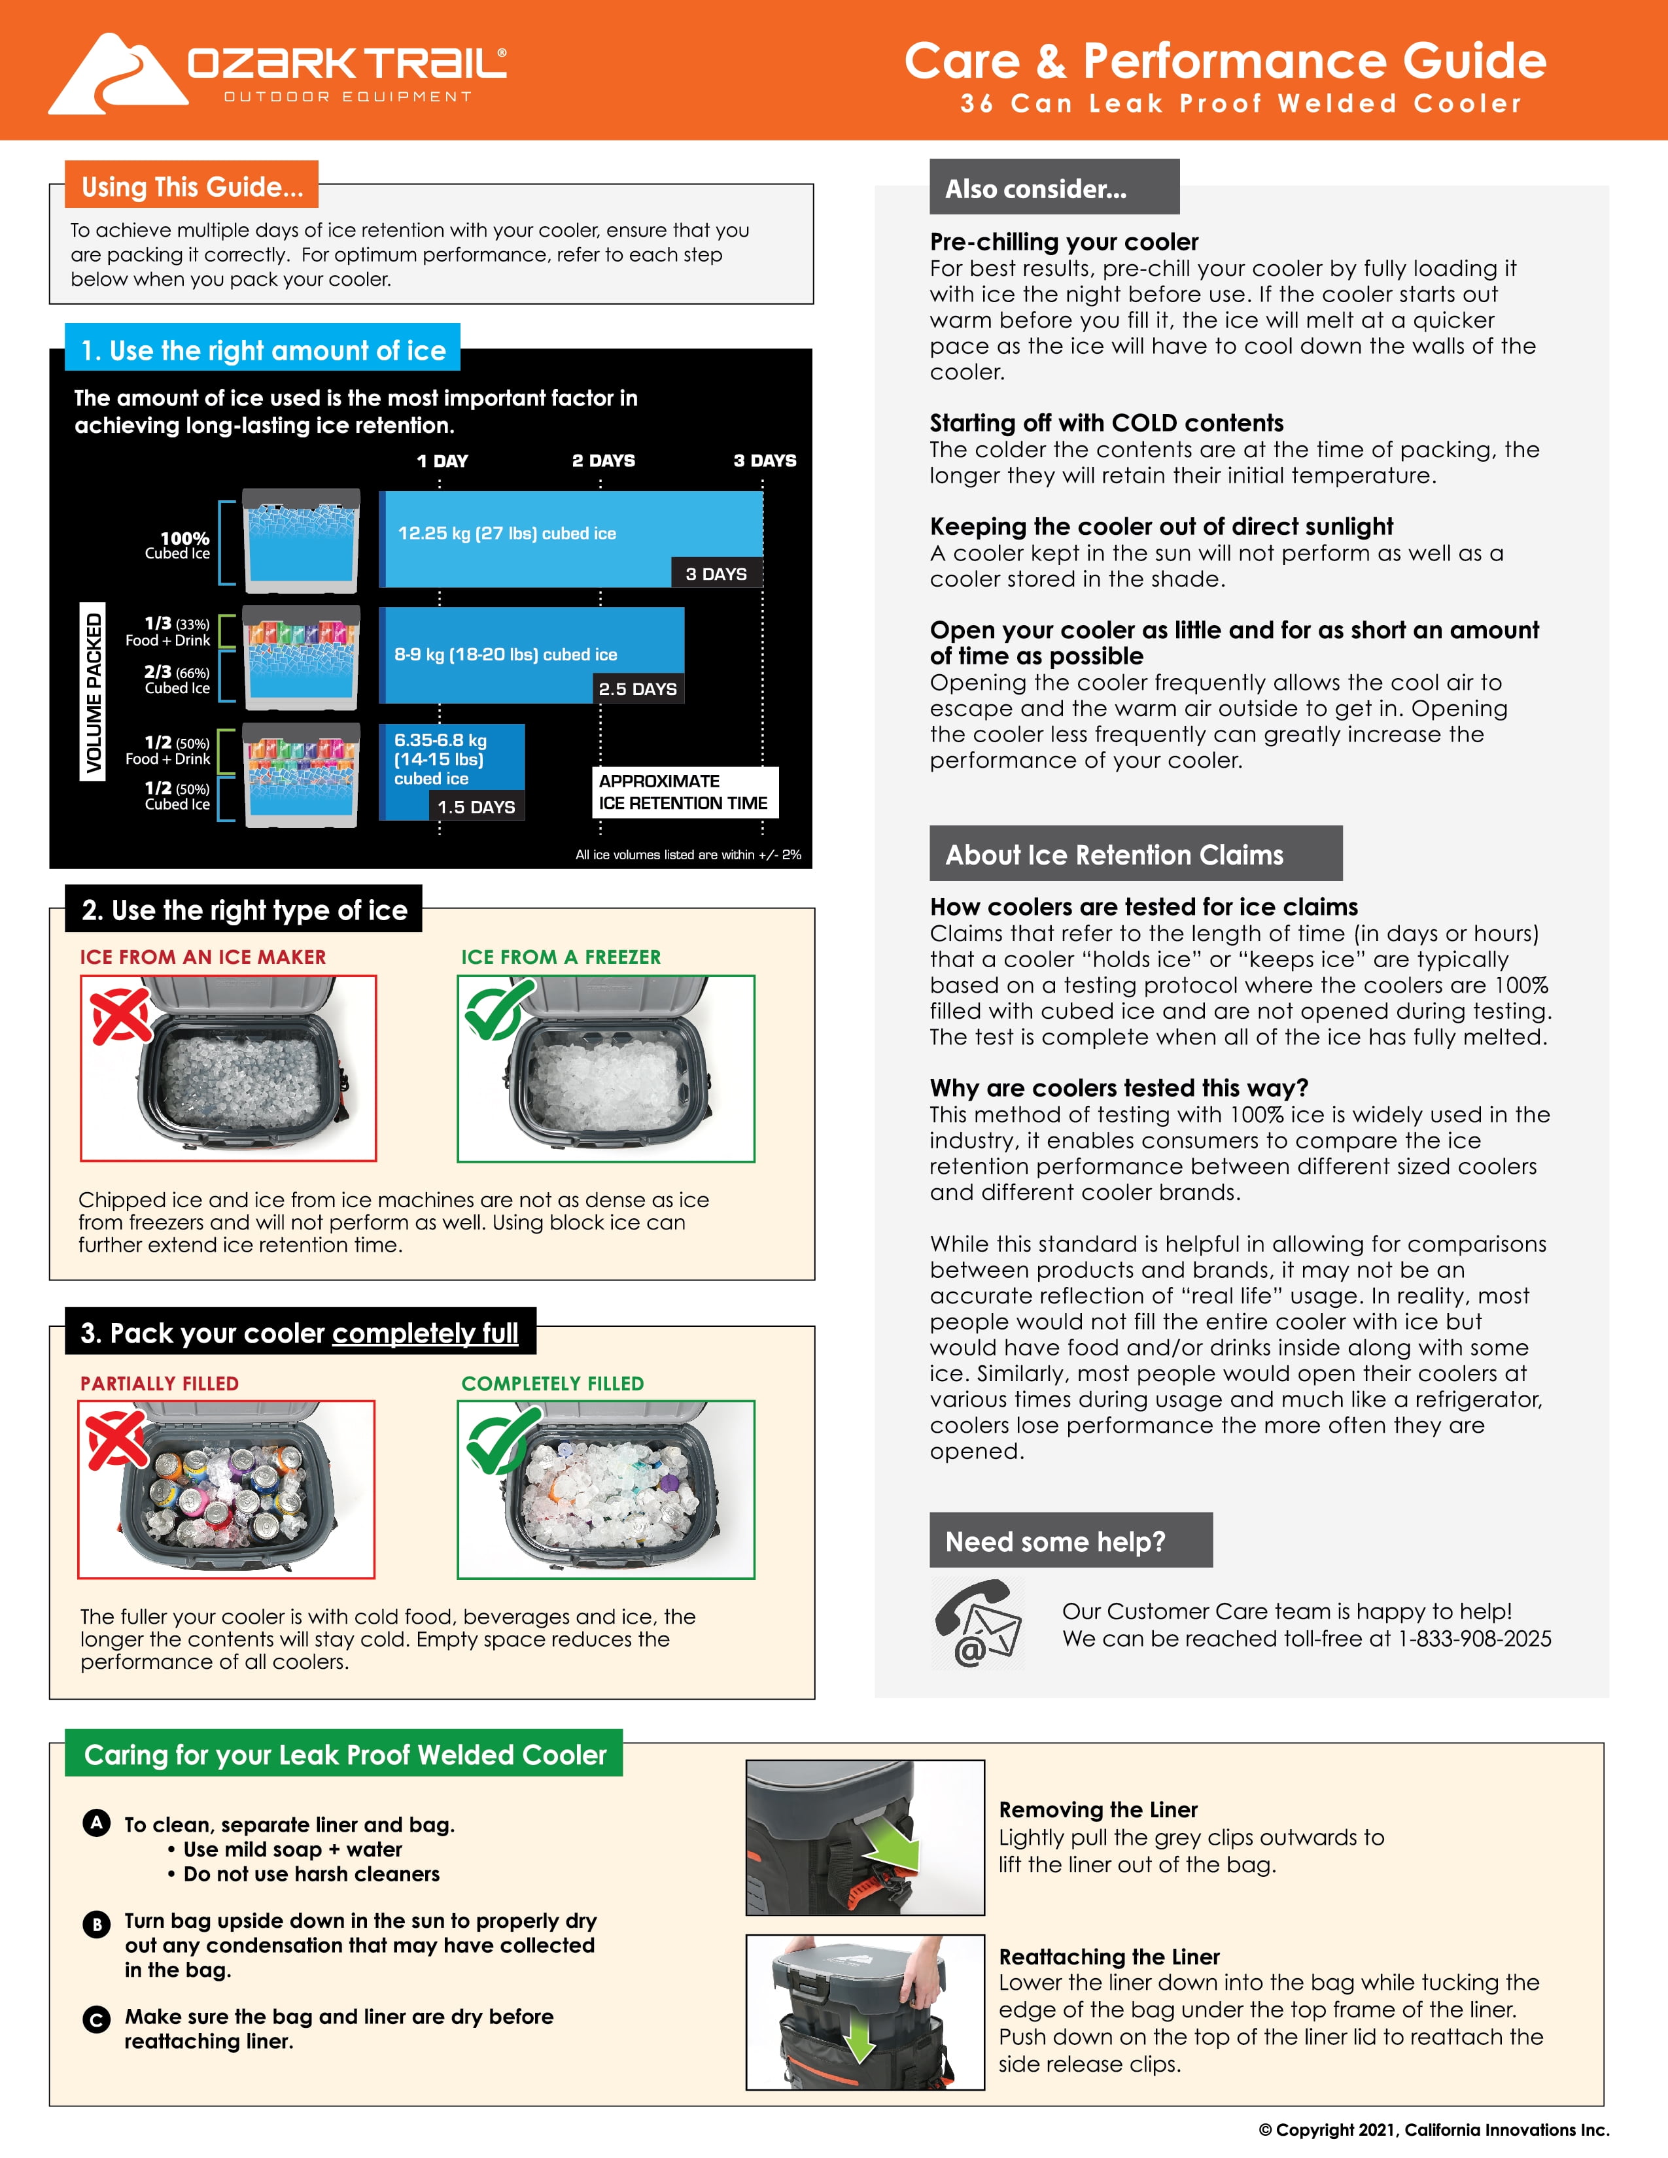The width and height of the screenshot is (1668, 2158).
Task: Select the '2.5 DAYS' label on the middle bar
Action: [637, 689]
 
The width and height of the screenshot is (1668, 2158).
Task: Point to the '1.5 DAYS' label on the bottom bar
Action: [476, 806]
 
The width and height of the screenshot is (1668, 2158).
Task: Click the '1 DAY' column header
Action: [442, 460]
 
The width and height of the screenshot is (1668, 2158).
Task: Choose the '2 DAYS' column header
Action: [603, 460]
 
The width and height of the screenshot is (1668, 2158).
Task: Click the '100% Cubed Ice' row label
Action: [178, 545]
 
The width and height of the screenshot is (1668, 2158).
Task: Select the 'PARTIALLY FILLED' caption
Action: [159, 1383]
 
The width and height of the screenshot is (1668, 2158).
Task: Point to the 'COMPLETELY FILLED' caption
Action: [552, 1383]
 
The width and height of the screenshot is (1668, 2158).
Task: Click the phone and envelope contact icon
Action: [977, 1626]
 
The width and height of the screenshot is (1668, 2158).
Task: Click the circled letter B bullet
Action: [96, 1924]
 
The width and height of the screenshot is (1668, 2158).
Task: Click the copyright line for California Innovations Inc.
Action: [1433, 2129]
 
